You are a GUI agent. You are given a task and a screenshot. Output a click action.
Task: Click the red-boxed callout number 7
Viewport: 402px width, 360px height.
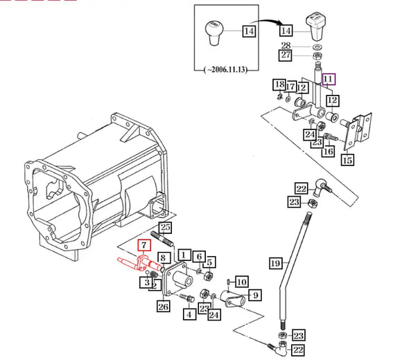[x=143, y=245]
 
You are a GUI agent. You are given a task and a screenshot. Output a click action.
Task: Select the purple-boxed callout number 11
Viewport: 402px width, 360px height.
[x=328, y=80]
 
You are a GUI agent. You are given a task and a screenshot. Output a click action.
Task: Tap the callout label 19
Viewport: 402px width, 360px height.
[x=276, y=263]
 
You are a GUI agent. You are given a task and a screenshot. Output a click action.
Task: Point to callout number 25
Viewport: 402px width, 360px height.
[x=165, y=227]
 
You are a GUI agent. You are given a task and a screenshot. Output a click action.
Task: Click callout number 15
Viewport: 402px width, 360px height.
[x=347, y=160]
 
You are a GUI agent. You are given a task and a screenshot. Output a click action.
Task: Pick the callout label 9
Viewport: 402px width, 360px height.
[x=254, y=296]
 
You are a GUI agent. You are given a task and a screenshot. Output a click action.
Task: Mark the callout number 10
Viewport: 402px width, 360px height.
[x=241, y=282]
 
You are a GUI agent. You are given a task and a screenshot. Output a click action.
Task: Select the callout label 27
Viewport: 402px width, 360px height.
[x=286, y=55]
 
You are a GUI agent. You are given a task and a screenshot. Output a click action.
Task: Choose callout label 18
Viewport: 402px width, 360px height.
[x=279, y=84]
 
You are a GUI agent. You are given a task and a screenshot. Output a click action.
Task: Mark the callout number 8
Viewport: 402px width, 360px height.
[x=161, y=258]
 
